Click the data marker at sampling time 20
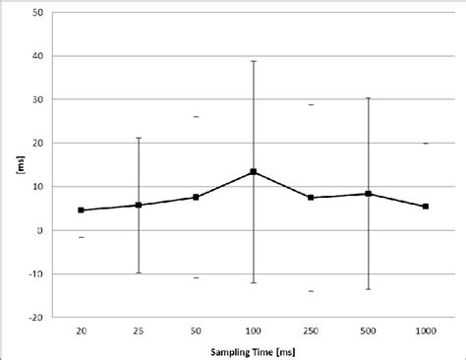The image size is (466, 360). (x=81, y=210)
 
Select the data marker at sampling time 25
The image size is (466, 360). (x=139, y=205)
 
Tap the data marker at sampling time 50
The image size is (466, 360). (x=196, y=197)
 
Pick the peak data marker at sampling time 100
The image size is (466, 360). (x=254, y=172)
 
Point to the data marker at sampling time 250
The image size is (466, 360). (x=311, y=198)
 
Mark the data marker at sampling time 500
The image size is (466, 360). (x=368, y=194)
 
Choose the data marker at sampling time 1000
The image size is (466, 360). (x=425, y=207)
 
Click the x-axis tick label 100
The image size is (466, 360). (x=254, y=332)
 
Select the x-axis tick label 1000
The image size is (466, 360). (x=425, y=332)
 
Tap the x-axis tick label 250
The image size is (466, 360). (x=311, y=332)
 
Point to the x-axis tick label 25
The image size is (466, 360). (x=139, y=332)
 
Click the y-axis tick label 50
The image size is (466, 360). (x=37, y=13)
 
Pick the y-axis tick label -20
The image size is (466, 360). (x=35, y=317)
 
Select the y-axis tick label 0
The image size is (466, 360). (x=40, y=230)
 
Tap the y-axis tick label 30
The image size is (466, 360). (x=37, y=99)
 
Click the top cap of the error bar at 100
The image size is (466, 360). (x=254, y=61)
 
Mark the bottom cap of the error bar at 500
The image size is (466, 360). (x=368, y=289)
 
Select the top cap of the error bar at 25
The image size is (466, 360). (x=139, y=138)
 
